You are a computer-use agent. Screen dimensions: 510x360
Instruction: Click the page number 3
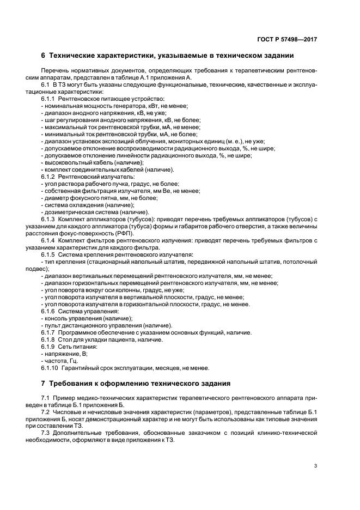click(316, 466)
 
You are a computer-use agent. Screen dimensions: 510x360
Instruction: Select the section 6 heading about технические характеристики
click(167, 56)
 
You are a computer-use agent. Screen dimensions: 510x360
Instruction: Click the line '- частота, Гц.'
click(59, 361)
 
